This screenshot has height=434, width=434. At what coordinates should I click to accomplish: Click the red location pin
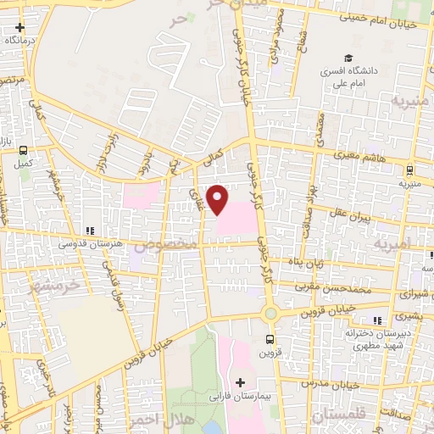point(218,199)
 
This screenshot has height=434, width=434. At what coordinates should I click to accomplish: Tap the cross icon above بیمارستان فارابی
point(242,383)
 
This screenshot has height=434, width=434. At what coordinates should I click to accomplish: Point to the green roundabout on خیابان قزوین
point(270,314)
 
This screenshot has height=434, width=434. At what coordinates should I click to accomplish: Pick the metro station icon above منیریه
point(409,169)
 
